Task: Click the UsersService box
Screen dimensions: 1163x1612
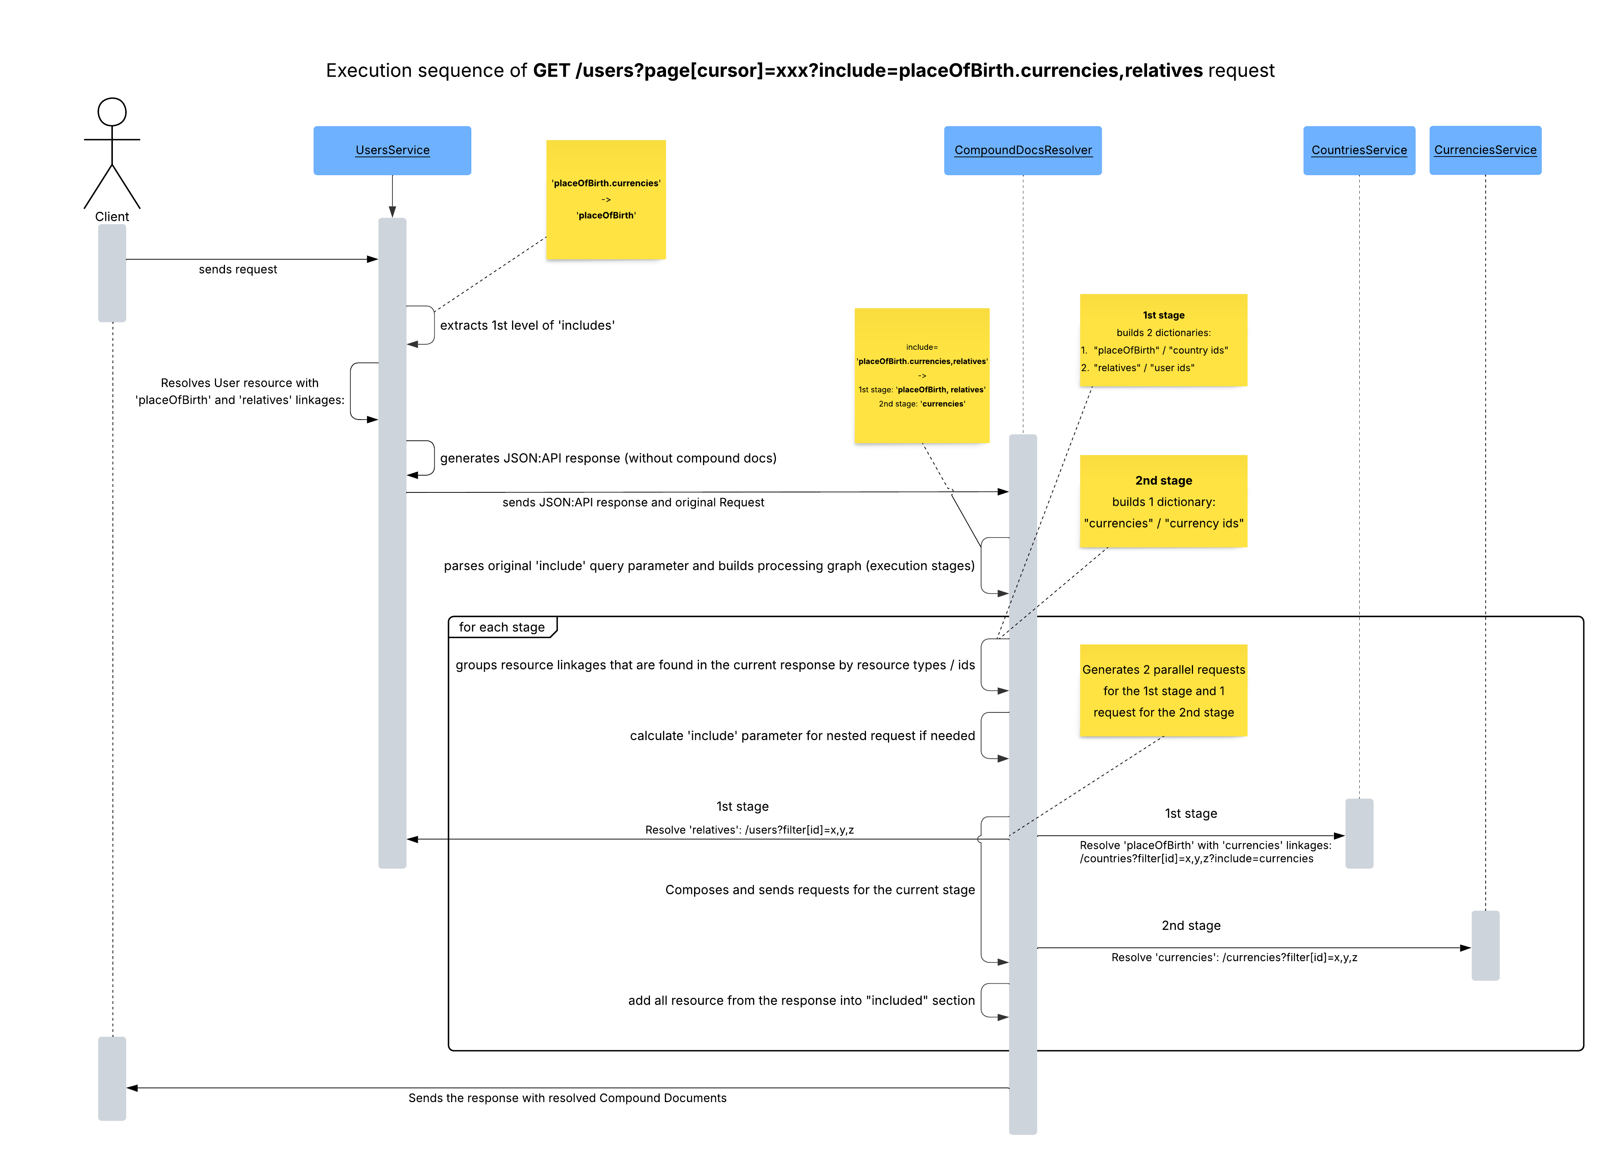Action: tap(392, 150)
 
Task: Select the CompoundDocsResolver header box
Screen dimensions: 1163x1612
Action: tap(1023, 150)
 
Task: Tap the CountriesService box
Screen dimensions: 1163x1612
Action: tap(1359, 150)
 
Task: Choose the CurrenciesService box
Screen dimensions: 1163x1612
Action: tap(1486, 150)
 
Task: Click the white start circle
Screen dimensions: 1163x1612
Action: tap(112, 112)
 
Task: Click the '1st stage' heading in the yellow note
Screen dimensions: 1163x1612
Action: tap(1163, 315)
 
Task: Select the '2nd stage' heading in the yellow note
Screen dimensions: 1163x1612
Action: tap(1163, 480)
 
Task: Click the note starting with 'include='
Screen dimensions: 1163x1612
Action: tap(922, 375)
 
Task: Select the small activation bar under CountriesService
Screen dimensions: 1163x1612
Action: tap(1359, 833)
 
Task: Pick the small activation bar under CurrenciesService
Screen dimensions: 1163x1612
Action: tap(1486, 946)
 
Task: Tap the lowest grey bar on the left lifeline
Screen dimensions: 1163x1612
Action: tap(112, 1079)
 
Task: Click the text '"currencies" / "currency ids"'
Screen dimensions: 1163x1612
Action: tap(1163, 523)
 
